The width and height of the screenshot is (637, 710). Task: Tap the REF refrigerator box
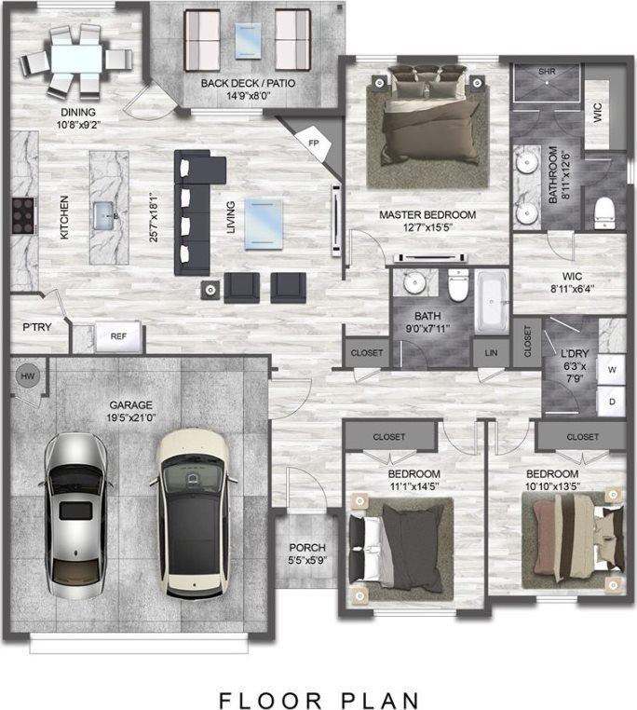tap(118, 337)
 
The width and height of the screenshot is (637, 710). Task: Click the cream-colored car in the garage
tap(193, 512)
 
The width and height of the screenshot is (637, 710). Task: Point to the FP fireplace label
tap(313, 142)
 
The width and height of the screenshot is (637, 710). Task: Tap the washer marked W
tap(611, 369)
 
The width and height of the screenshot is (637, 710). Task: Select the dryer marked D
tap(611, 401)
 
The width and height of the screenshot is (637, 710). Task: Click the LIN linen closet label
tap(490, 353)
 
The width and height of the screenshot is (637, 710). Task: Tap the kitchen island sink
tap(106, 216)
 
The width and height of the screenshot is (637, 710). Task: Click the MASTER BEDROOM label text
tap(427, 215)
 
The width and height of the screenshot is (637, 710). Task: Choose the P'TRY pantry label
tap(36, 328)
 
